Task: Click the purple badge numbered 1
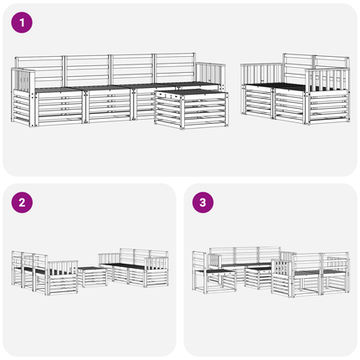[22, 23]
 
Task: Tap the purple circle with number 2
[22, 203]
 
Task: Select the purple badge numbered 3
[203, 203]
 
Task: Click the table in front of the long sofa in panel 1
[192, 109]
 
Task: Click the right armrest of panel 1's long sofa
[211, 74]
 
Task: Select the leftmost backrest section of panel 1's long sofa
[39, 71]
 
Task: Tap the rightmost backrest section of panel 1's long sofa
[175, 68]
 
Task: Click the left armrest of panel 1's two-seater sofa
[261, 74]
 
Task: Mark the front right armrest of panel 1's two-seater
[327, 80]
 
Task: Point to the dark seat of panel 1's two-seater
[282, 86]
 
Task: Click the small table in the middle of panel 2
[92, 276]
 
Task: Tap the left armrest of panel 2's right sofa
[109, 259]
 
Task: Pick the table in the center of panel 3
[259, 278]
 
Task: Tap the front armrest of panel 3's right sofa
[282, 268]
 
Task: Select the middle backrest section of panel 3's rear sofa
[246, 255]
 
